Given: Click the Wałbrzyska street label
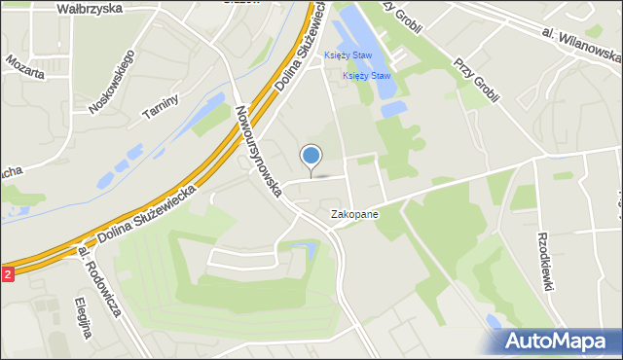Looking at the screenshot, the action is tap(89, 8).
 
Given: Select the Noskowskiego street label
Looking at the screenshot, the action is tap(110, 83).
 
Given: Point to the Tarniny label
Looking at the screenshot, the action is tap(158, 100).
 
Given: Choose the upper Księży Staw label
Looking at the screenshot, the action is tap(348, 55).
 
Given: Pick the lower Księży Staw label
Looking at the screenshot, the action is tap(367, 76).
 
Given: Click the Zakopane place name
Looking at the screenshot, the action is tap(354, 213).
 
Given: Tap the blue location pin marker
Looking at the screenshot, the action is tap(311, 157).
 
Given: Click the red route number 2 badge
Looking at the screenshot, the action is tap(7, 274).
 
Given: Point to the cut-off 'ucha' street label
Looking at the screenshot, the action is tap(11, 172).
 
